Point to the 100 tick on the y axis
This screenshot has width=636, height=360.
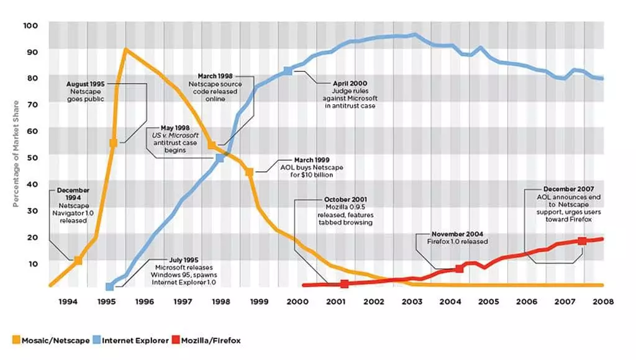pyautogui.click(x=32, y=25)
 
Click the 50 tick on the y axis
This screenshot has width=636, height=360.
pyautogui.click(x=32, y=158)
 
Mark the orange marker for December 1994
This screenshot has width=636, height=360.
pyautogui.click(x=78, y=261)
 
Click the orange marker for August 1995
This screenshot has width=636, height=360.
pyautogui.click(x=114, y=143)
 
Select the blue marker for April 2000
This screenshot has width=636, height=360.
pyautogui.click(x=288, y=71)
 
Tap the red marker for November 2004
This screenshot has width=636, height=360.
pyautogui.click(x=459, y=269)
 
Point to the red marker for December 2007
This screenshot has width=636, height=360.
pyautogui.click(x=582, y=241)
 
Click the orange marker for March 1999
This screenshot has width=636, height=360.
pyautogui.click(x=249, y=172)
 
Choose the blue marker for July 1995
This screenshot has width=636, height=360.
pyautogui.click(x=109, y=287)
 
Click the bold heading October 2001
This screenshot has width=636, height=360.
pyautogui.click(x=342, y=200)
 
